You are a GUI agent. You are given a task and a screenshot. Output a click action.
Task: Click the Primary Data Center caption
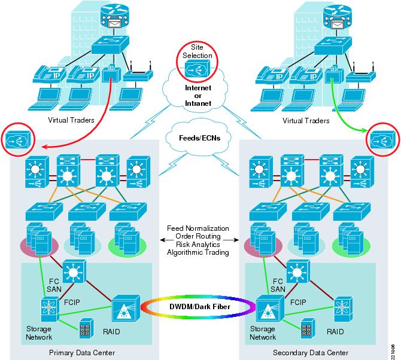tap(81, 352)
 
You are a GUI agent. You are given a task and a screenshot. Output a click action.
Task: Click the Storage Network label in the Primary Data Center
tap(39, 334)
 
